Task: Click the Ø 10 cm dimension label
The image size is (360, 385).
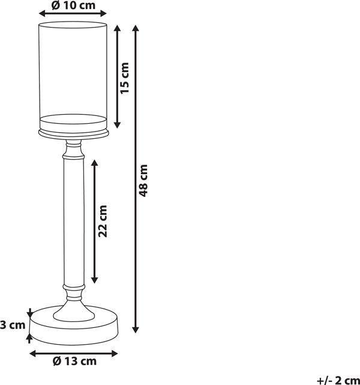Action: coord(73,5)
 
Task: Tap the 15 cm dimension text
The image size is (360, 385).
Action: coord(125,78)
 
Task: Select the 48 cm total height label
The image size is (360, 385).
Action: coord(143,180)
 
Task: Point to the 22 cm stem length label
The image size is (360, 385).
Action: coord(103,221)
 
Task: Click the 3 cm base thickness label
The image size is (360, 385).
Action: coord(13,325)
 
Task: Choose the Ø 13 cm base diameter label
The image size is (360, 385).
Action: coord(74,361)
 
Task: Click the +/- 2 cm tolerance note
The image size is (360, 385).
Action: coord(338,380)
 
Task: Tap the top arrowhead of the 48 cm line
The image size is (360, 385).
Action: coord(136,28)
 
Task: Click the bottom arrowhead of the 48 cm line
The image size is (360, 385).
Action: coord(136,330)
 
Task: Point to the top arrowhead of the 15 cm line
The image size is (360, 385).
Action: coord(118,28)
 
